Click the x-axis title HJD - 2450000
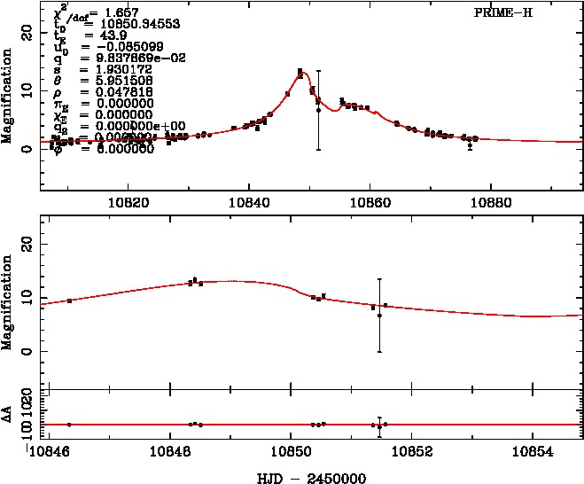pyautogui.click(x=306, y=477)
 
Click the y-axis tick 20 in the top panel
pyautogui.click(x=27, y=30)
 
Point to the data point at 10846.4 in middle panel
pyautogui.click(x=69, y=301)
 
